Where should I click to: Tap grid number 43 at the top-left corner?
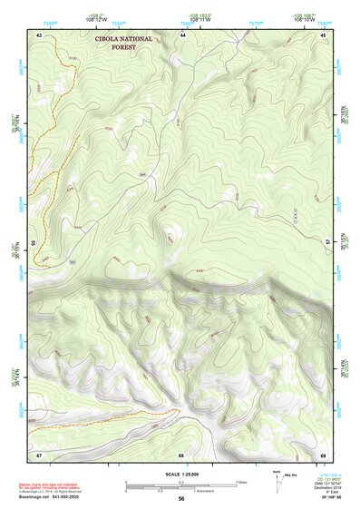click(39, 34)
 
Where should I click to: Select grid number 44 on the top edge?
click(182, 34)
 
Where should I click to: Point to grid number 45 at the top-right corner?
click(323, 34)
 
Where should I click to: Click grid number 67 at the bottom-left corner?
click(39, 454)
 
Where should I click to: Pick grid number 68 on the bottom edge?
click(181, 454)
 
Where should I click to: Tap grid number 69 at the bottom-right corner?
click(323, 454)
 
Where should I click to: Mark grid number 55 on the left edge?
click(33, 243)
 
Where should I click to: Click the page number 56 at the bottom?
click(181, 500)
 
